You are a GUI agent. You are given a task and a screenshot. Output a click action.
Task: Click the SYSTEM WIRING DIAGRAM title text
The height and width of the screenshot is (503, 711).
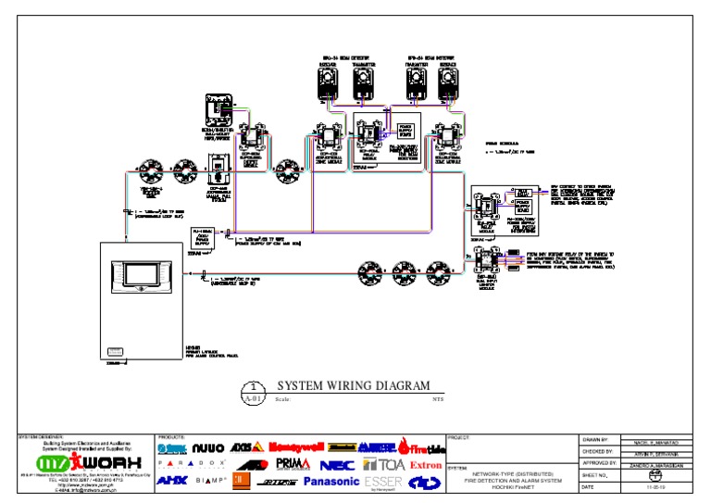click(x=353, y=385)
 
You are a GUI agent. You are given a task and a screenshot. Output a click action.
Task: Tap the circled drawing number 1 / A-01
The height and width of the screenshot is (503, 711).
click(x=253, y=393)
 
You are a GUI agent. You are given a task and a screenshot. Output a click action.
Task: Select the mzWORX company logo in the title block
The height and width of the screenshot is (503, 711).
click(x=81, y=462)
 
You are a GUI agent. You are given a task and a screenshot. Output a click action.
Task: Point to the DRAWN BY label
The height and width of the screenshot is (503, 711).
click(x=593, y=438)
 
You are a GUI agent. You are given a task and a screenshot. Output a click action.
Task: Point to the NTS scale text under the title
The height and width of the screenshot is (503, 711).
click(x=438, y=400)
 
